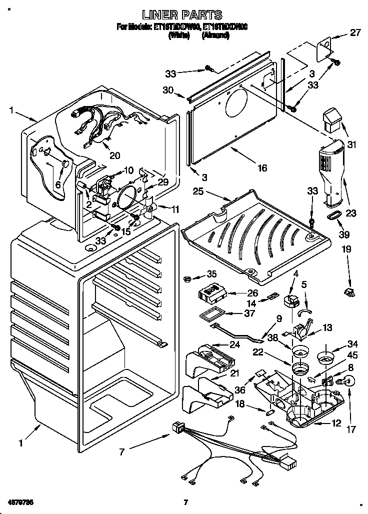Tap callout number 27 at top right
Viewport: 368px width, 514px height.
tap(355, 33)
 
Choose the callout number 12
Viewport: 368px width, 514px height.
tap(336, 423)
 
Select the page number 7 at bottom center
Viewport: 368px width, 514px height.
tap(185, 501)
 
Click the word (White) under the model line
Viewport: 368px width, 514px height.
tap(178, 35)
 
